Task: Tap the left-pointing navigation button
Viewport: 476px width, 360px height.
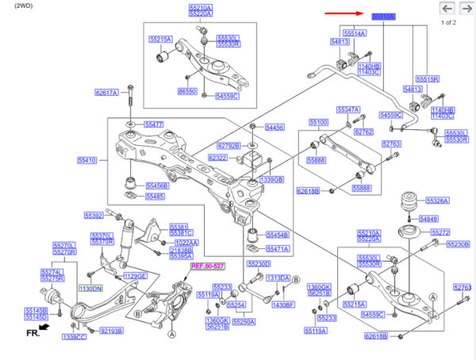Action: point(447,9)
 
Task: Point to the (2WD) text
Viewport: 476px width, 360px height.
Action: point(14,5)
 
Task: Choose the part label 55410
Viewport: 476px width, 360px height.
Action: point(86,160)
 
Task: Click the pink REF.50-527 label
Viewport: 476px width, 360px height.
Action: point(207,266)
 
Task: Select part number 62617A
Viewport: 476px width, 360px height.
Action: point(106,93)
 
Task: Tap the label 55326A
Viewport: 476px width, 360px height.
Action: point(437,201)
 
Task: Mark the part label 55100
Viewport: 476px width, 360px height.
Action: point(318,122)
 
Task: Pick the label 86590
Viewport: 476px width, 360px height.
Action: point(187,93)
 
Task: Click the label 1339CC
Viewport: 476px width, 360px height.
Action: point(74,338)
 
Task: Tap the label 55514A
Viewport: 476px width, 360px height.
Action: point(354,33)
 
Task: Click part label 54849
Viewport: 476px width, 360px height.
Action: point(428,218)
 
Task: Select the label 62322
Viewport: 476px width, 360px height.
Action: point(218,158)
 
